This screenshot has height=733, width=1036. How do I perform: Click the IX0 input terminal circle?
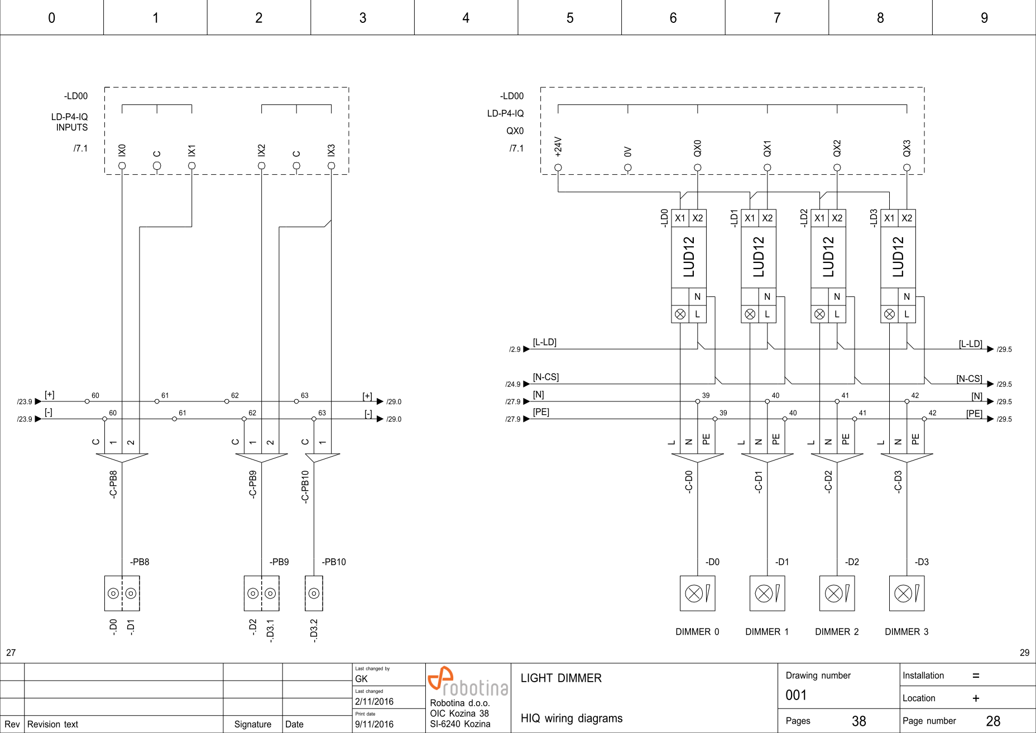coord(122,166)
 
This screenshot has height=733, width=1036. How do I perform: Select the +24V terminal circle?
coord(558,167)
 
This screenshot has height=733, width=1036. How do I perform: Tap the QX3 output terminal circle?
coord(906,167)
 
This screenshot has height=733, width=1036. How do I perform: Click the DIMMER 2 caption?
coord(836,631)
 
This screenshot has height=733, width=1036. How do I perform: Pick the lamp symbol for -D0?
coord(697,593)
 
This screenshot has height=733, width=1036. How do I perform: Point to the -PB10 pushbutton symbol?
coord(314,593)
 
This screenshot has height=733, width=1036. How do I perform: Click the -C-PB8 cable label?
coord(113,484)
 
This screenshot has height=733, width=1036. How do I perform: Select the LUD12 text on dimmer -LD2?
coord(828,257)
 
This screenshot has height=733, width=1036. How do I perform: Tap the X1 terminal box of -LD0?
coord(680,218)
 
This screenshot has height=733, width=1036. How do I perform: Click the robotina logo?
coord(467,682)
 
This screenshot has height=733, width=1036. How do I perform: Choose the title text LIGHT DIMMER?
coord(561,678)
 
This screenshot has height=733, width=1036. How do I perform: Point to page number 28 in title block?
coord(993,721)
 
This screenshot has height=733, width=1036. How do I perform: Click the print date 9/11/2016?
coord(374,724)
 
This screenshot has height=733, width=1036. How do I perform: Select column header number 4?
coord(466,18)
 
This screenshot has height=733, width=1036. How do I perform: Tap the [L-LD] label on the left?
coord(544,342)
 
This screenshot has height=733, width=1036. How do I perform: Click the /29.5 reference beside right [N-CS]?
coord(1004,384)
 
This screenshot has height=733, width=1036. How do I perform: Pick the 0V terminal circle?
coord(627,167)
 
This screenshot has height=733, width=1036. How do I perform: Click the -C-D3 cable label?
coord(898,481)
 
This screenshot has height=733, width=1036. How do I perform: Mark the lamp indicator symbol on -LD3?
coord(889,314)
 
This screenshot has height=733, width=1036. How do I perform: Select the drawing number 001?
coord(796,695)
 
